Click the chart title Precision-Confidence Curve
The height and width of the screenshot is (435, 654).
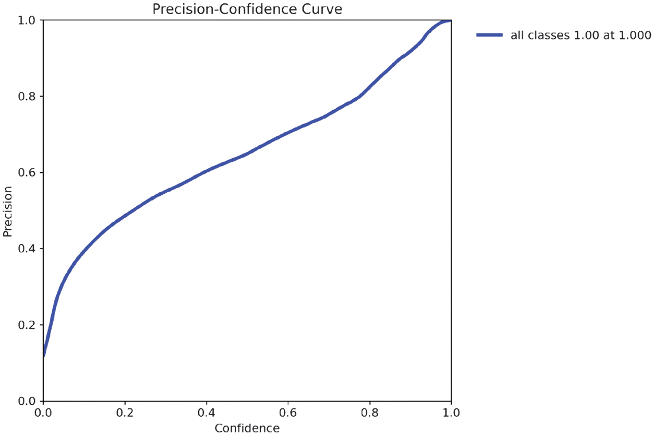point(247,9)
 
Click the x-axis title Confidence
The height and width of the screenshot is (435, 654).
point(247,428)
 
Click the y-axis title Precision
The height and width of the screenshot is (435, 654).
point(8,210)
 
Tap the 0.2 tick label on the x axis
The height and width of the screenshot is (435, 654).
point(125,413)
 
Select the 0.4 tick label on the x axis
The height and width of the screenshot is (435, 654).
point(207,413)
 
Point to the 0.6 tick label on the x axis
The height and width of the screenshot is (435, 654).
point(288,413)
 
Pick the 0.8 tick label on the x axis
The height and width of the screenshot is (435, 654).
point(370,413)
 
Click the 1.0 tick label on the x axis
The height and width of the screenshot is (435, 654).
point(451,413)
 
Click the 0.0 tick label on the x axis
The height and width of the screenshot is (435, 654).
point(44,413)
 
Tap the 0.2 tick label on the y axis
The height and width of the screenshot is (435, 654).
point(28,325)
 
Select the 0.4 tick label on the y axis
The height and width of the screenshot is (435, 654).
point(28,249)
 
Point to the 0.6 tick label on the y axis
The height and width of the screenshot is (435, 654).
point(28,172)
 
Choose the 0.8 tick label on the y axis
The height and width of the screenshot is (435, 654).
point(28,97)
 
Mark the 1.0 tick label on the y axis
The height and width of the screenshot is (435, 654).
point(28,20)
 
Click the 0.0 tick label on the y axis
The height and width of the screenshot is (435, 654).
point(28,401)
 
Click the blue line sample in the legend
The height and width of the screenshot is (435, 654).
point(489,35)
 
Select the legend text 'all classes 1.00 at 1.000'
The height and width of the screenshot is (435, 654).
point(580,35)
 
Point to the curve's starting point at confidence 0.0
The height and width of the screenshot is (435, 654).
point(44,356)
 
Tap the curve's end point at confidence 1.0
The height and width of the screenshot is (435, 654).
point(450,20)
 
